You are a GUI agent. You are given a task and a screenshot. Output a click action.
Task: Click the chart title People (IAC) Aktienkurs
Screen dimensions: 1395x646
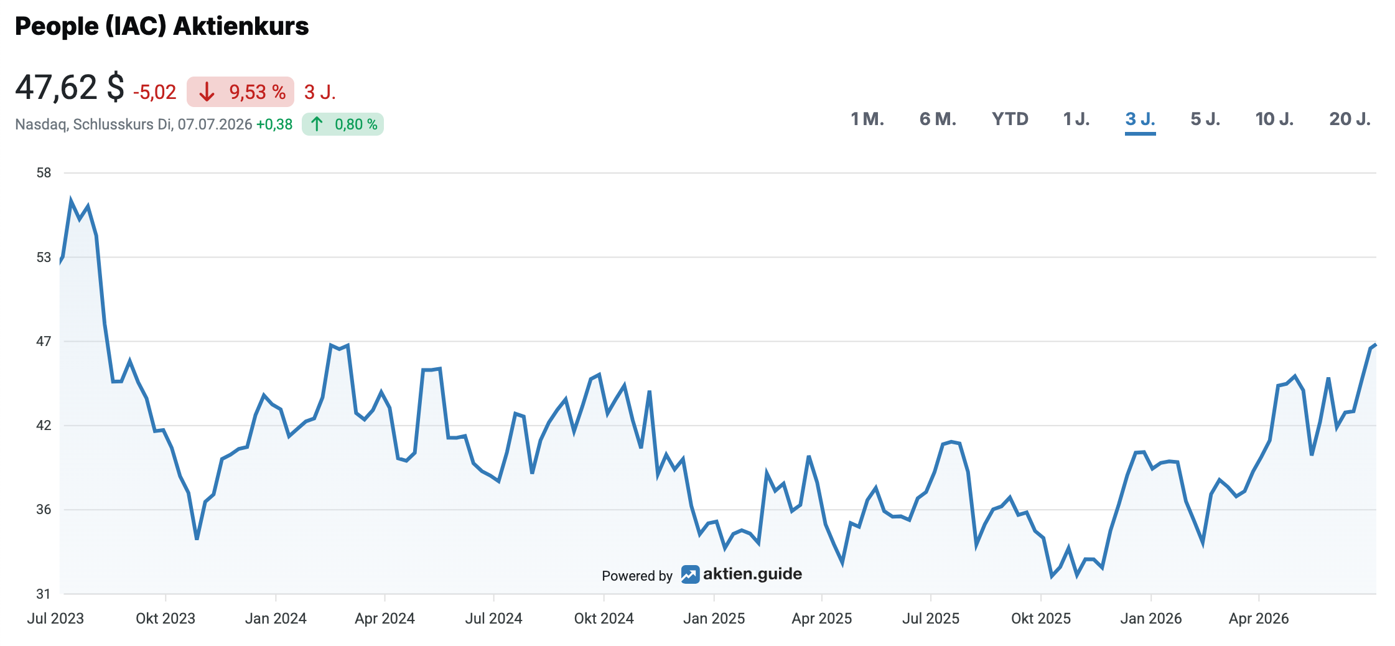tap(162, 26)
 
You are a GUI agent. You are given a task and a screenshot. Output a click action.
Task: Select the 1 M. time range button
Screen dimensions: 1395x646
tap(867, 119)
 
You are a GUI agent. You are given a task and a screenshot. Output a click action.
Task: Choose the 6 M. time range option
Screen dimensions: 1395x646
tap(938, 119)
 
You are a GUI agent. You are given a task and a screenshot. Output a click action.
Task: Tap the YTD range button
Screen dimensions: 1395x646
tap(1010, 119)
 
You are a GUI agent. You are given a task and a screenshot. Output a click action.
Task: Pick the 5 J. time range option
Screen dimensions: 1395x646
tap(1205, 119)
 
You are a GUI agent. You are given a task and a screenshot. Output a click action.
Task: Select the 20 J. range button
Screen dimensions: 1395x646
tap(1350, 119)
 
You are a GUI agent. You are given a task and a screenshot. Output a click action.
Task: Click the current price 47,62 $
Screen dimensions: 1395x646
tap(70, 87)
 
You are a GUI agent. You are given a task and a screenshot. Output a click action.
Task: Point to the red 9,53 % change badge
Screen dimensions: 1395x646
tap(240, 92)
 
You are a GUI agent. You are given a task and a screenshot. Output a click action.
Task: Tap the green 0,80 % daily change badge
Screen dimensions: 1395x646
tap(343, 124)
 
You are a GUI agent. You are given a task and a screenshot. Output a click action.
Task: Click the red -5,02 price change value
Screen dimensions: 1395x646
tap(155, 92)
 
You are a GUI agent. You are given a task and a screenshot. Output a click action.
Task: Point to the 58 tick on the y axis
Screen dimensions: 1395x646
tap(44, 173)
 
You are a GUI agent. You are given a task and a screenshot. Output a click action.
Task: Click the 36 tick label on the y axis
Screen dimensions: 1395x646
tap(44, 510)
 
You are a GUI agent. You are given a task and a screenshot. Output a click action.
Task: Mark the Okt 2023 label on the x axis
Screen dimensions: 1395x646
tap(166, 619)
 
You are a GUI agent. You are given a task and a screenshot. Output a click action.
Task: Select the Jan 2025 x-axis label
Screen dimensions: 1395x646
tap(714, 619)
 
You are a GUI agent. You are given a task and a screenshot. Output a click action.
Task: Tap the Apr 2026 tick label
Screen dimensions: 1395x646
tap(1259, 619)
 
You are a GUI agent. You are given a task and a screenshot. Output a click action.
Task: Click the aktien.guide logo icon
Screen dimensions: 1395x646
tap(690, 574)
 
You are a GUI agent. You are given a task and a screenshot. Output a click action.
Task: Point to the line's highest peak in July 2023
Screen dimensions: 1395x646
tap(71, 201)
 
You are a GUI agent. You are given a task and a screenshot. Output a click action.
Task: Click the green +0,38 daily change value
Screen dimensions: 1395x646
tap(274, 124)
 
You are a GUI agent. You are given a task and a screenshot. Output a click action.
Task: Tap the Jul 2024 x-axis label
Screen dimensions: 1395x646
tap(494, 619)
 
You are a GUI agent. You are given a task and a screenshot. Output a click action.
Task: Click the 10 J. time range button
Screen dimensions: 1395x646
tap(1274, 119)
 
